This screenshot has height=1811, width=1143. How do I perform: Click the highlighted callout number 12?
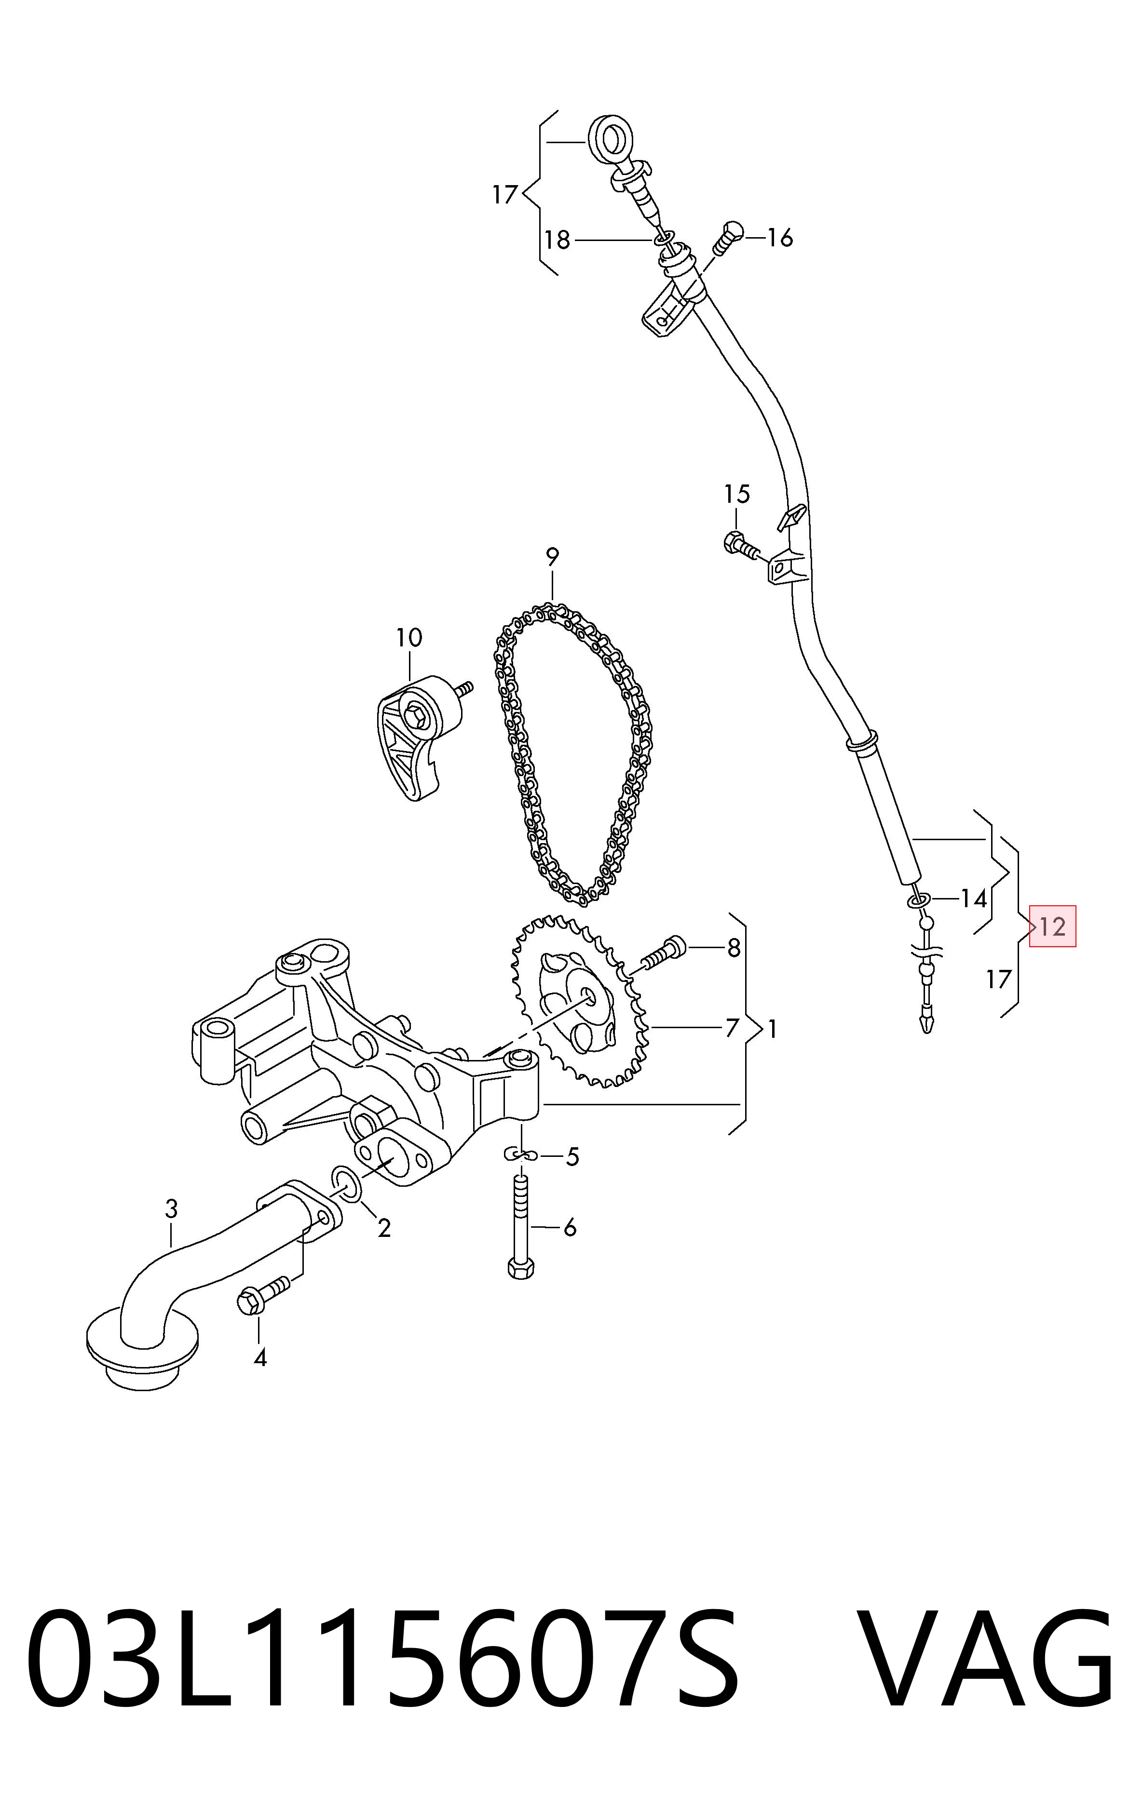pyautogui.click(x=1052, y=926)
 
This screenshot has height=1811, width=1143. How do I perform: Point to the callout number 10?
pyautogui.click(x=409, y=638)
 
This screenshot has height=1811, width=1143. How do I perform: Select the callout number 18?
pyautogui.click(x=558, y=240)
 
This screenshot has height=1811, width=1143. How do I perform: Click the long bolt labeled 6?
pyautogui.click(x=521, y=1223)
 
